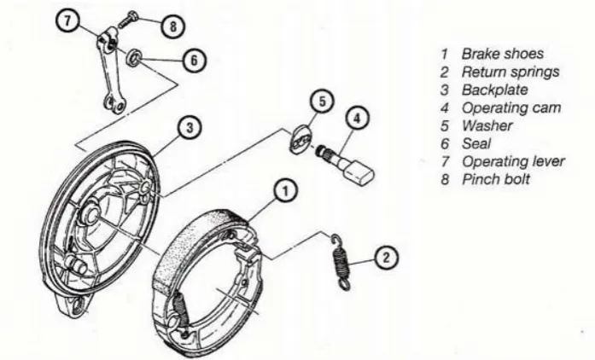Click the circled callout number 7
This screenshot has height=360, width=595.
pyautogui.click(x=67, y=20)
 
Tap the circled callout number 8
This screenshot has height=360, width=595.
pyautogui.click(x=173, y=26)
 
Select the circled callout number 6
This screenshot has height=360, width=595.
pyautogui.click(x=194, y=61)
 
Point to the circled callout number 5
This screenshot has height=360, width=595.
pyautogui.click(x=322, y=102)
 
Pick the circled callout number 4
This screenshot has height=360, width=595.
pyautogui.click(x=357, y=119)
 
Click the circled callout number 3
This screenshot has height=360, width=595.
pyautogui.click(x=190, y=127)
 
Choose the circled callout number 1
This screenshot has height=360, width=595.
pyautogui.click(x=285, y=191)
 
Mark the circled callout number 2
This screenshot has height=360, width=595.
pyautogui.click(x=387, y=258)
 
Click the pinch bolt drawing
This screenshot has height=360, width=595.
pyautogui.click(x=127, y=20)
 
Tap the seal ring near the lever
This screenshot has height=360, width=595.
pyautogui.click(x=134, y=57)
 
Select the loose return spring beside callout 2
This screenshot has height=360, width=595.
pyautogui.click(x=341, y=262)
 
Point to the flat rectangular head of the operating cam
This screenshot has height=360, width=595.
pyautogui.click(x=359, y=173)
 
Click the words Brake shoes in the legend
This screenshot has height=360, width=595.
pyautogui.click(x=503, y=54)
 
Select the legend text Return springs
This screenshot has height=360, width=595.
pyautogui.click(x=510, y=72)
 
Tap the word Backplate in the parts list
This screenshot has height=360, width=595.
pyautogui.click(x=495, y=90)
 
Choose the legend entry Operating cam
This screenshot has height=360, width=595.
pyautogui.click(x=511, y=108)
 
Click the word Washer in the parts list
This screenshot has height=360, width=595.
pyautogui.click(x=487, y=125)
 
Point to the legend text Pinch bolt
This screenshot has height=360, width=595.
pyautogui.click(x=496, y=179)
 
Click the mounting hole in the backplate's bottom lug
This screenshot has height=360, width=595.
pyautogui.click(x=79, y=305)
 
